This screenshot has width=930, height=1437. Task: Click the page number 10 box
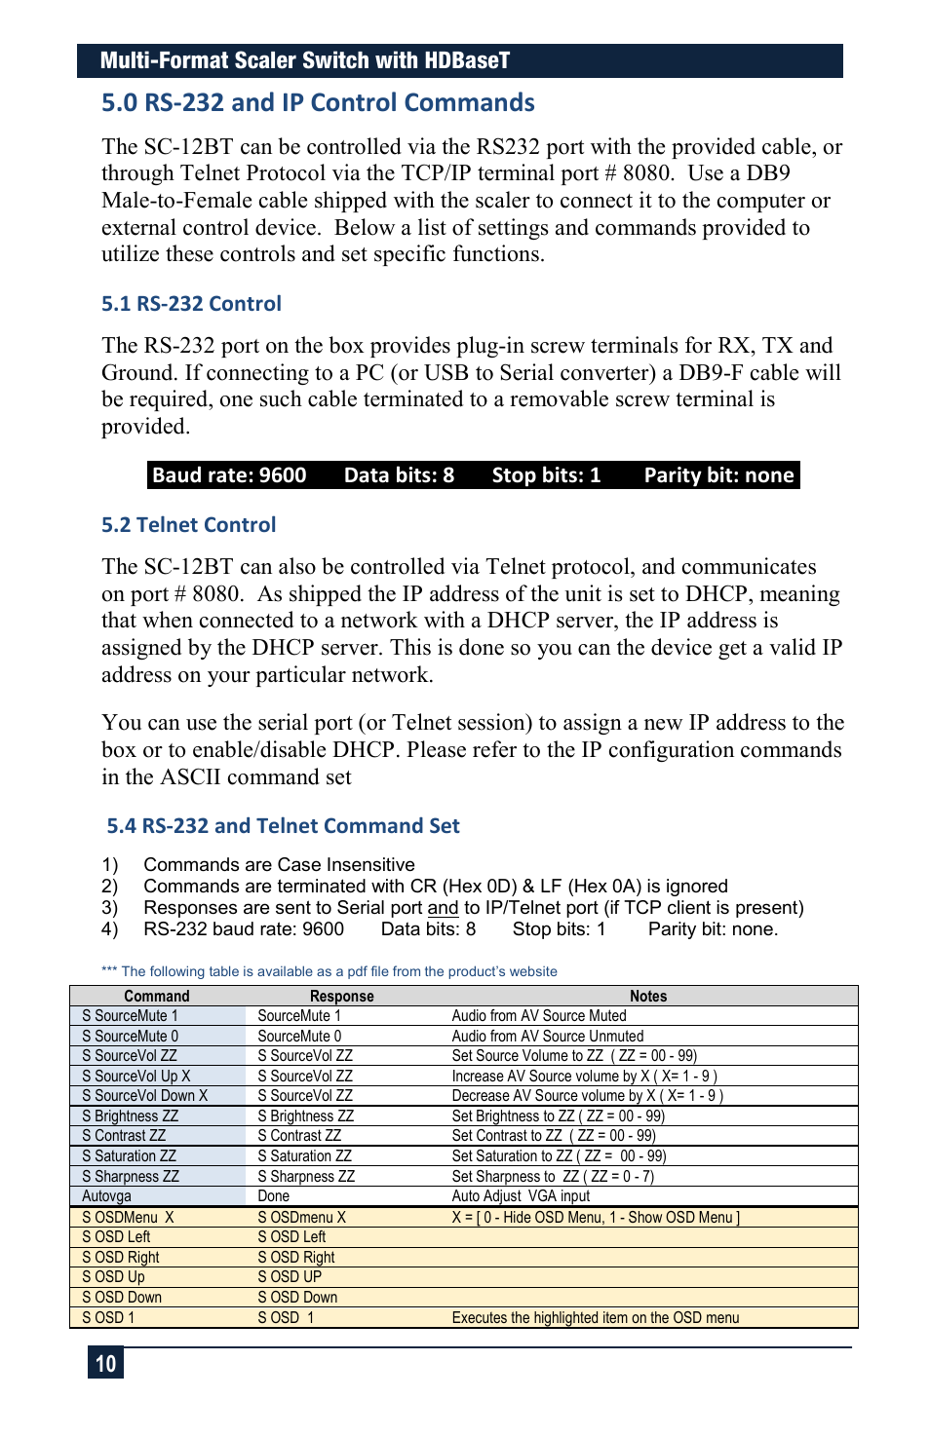point(105,1362)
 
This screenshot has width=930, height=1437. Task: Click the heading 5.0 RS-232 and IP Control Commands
point(318,103)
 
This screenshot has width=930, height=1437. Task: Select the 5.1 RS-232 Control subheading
point(191,304)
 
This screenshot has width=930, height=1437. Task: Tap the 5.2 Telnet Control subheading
point(188,525)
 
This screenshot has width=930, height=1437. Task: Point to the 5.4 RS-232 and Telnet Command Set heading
point(283,826)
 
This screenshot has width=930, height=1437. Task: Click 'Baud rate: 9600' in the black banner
point(229,475)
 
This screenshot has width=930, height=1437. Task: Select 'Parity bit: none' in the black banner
point(718,475)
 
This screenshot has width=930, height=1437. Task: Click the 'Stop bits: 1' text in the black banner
point(546,475)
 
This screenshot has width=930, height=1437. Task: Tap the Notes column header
point(647,996)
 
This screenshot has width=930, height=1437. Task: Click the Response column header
point(341,996)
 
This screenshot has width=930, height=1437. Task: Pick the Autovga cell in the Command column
point(106,1196)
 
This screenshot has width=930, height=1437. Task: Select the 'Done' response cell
point(273,1196)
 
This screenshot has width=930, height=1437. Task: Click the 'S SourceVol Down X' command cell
point(144,1096)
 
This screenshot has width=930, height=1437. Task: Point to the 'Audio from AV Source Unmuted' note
point(547,1037)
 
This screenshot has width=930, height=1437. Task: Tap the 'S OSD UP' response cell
point(290,1277)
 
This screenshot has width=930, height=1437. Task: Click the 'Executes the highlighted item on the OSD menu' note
point(595,1318)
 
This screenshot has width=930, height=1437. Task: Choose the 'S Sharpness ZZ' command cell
point(131,1177)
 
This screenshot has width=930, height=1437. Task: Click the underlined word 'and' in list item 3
point(443,908)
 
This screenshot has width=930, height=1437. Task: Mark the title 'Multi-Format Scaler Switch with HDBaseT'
point(304,60)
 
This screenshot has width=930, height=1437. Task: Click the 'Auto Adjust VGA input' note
point(521,1196)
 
